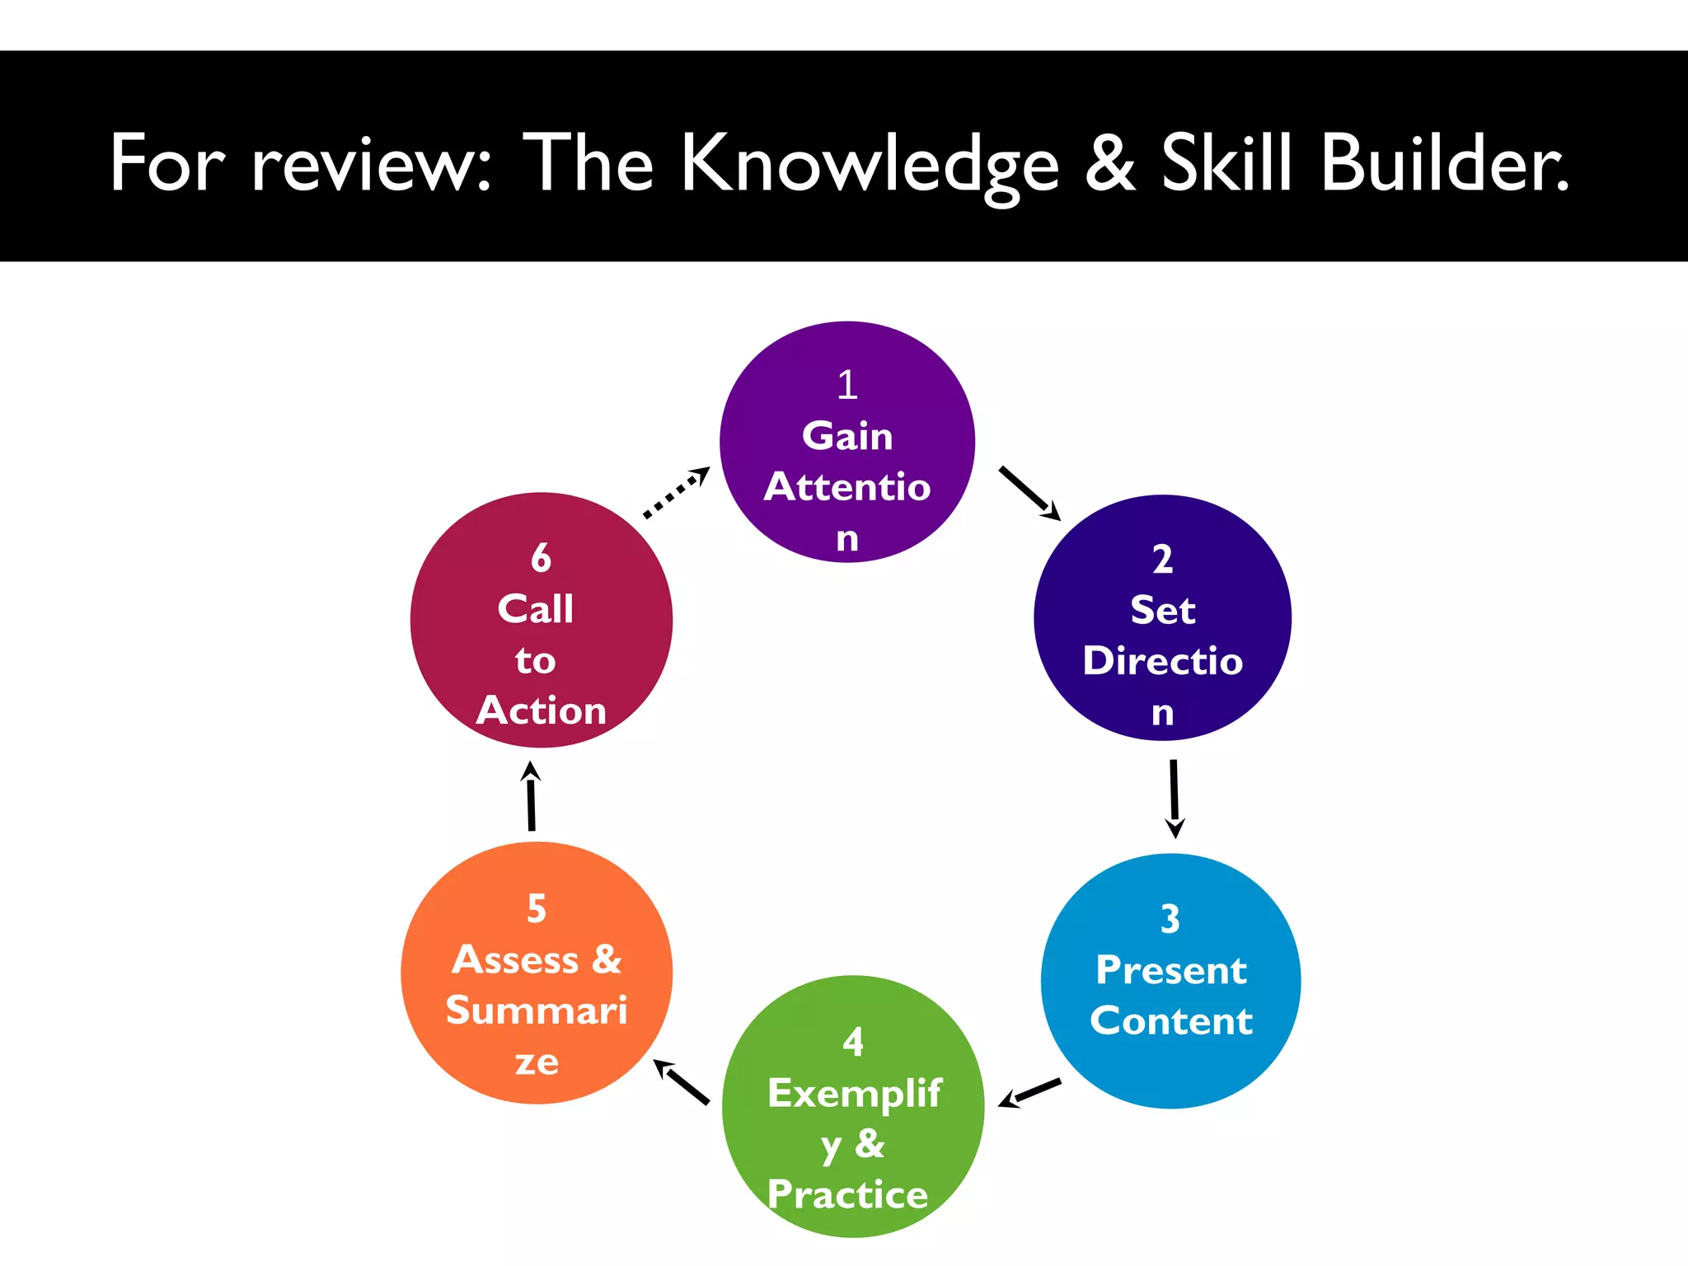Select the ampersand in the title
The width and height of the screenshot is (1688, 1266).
coord(1109,163)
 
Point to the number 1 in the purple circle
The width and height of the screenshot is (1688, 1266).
coord(847,385)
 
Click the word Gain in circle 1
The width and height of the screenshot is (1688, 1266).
coord(847,436)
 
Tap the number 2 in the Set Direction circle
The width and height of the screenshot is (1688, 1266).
coord(1162,560)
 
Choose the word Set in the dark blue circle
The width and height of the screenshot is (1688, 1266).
coord(1162,611)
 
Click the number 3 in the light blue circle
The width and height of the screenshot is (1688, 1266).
coord(1170,919)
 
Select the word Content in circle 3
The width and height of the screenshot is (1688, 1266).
coord(1171,1021)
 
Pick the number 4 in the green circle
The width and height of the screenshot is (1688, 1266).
coord(853,1043)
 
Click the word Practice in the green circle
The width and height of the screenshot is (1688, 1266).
coord(847,1194)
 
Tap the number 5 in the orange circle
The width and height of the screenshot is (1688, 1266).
coord(537,909)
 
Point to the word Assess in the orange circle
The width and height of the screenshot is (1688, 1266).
coord(515,960)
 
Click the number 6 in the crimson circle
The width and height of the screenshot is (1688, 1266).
coord(541,558)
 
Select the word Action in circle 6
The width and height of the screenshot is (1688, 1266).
coord(542,710)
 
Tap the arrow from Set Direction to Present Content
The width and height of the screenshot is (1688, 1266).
coord(1174,798)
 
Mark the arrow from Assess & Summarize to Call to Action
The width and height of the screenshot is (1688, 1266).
coord(532,796)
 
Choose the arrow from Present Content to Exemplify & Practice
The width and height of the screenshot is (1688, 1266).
coord(1029,1093)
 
